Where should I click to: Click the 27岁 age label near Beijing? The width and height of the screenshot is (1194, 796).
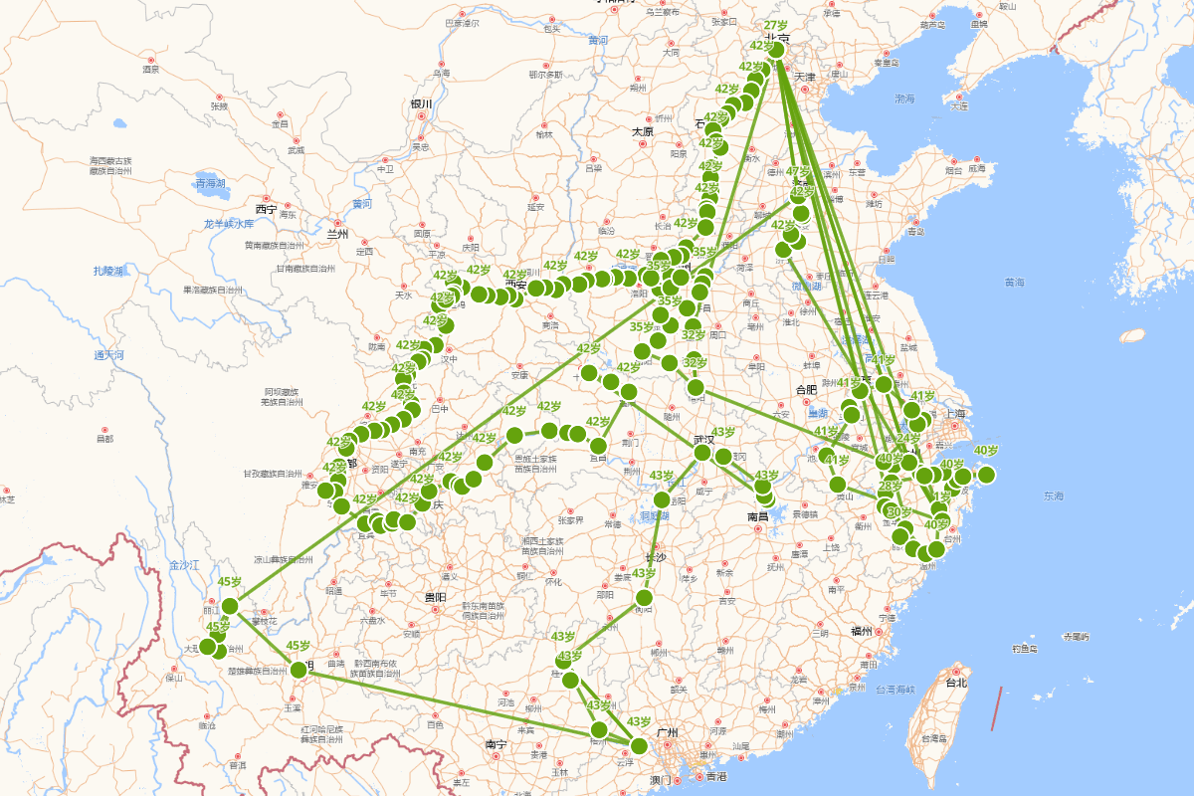[x=776, y=25]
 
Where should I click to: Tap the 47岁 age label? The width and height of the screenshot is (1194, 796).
[x=799, y=171]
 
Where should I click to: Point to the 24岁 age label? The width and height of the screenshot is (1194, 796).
[x=908, y=438]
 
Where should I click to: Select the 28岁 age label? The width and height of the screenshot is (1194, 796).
[x=890, y=486]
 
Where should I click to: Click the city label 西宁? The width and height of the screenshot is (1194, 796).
[x=265, y=210]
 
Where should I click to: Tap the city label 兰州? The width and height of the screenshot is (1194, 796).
[x=338, y=235]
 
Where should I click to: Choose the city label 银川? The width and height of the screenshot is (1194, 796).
[x=421, y=104]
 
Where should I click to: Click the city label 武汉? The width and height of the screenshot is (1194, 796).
[x=704, y=439]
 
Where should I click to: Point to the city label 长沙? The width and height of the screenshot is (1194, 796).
[x=654, y=557]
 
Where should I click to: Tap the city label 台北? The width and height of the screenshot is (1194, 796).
[x=956, y=684]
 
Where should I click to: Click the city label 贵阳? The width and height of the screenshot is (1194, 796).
[x=435, y=597]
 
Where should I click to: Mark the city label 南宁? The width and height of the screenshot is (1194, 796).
[x=497, y=744]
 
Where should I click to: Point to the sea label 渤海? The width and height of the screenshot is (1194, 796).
[x=904, y=99]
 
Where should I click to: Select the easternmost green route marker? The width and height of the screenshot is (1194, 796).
[x=986, y=475]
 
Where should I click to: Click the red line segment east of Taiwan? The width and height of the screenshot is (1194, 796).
[x=998, y=707]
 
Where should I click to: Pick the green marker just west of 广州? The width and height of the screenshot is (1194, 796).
[x=638, y=745]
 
